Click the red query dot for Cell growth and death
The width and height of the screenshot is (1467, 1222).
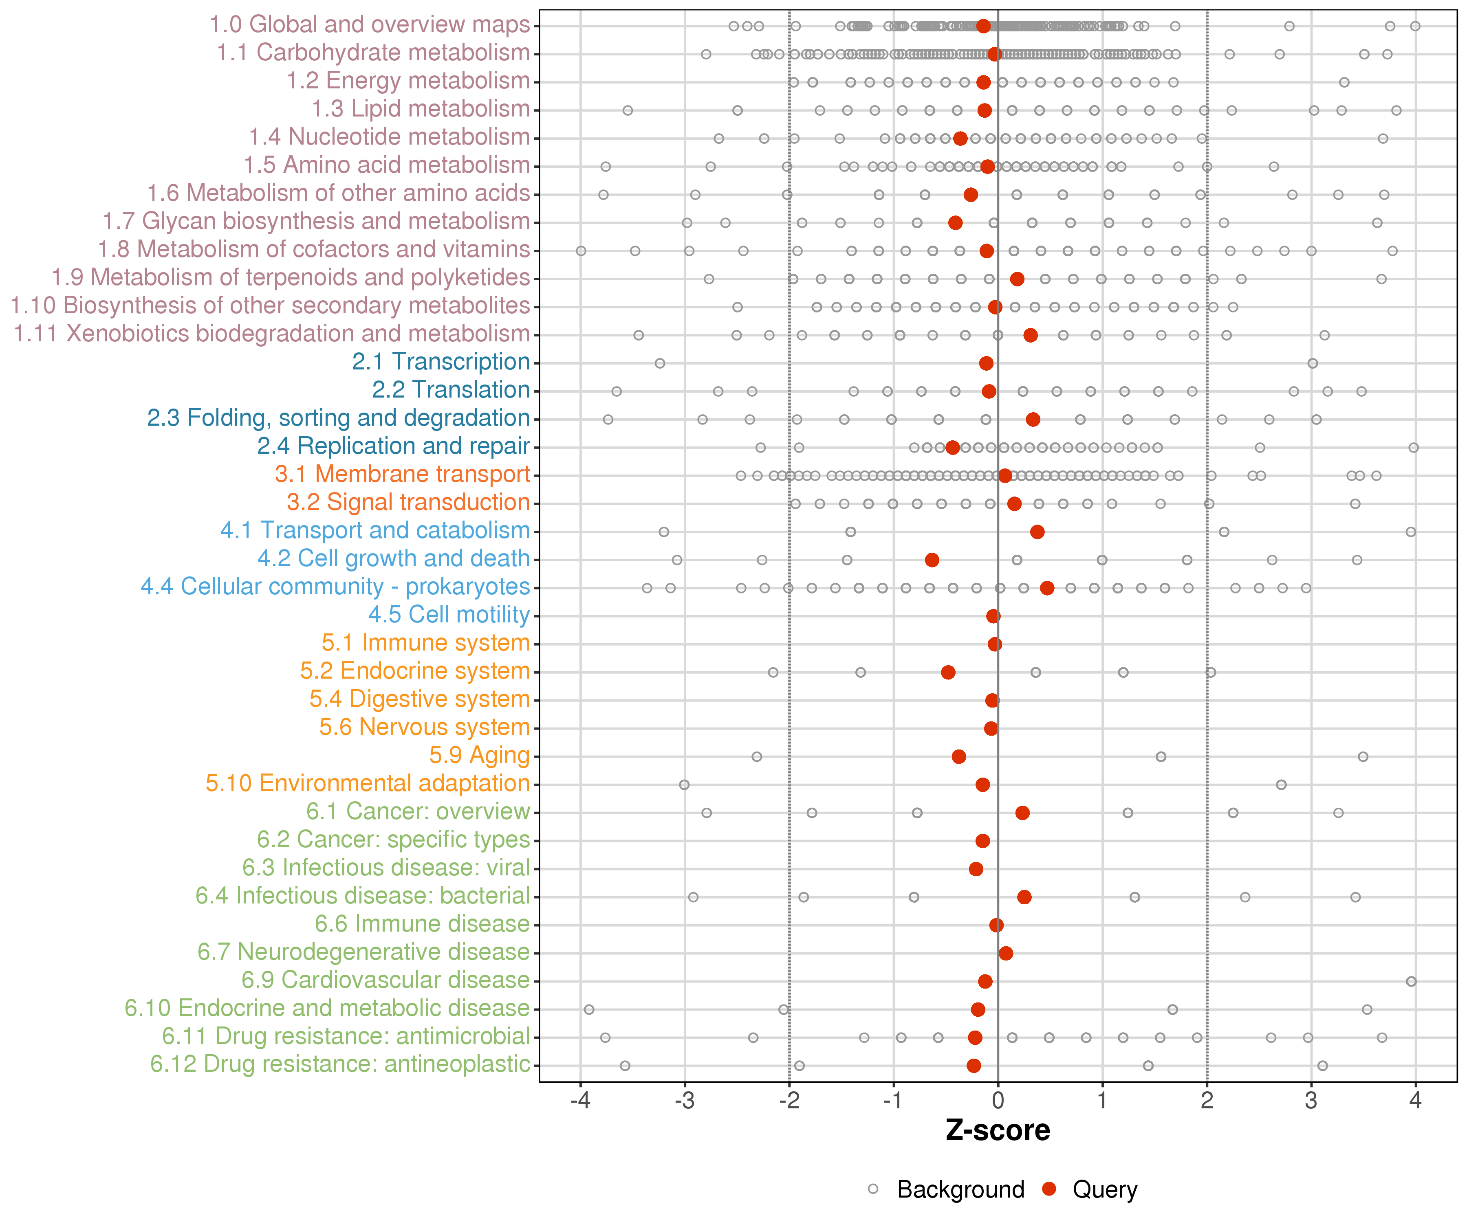pos(932,560)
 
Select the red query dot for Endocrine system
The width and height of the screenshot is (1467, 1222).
pos(948,673)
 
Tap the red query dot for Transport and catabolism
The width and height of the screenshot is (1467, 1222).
pos(1037,532)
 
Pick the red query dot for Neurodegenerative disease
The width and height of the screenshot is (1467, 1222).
pos(1006,953)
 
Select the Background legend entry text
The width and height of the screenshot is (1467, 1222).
pos(960,1189)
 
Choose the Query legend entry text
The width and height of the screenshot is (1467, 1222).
pos(1105,1189)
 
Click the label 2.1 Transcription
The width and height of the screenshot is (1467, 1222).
pos(441,362)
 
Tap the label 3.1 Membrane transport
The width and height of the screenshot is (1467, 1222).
pos(402,474)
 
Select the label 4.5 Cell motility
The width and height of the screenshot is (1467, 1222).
pos(449,615)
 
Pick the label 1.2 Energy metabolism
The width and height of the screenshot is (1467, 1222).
pos(408,81)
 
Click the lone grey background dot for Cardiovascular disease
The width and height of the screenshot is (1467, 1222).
pos(1411,981)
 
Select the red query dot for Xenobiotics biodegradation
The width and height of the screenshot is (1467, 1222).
pos(1031,335)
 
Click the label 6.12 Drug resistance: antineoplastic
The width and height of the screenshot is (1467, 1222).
pos(340,1064)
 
